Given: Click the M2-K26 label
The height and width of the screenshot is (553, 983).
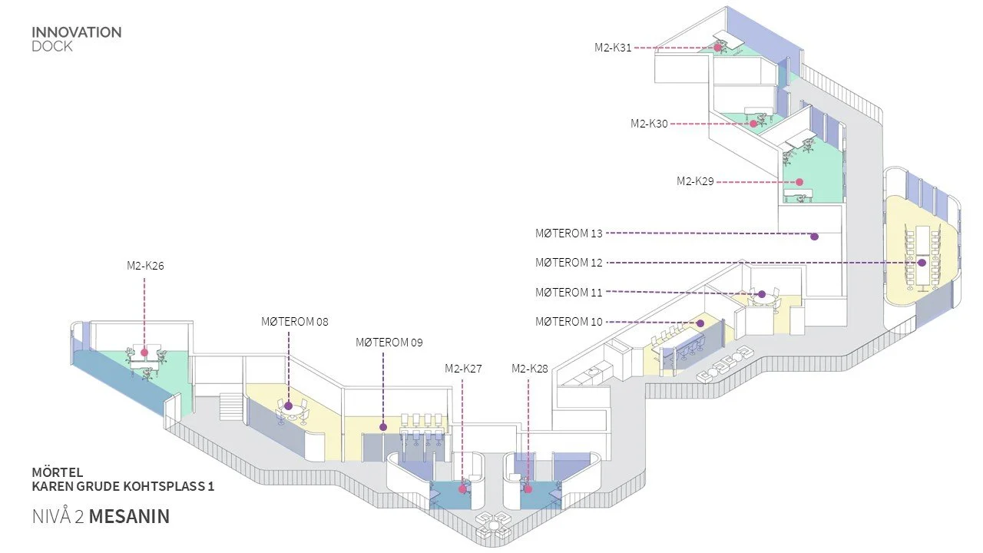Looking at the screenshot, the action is [x=145, y=266].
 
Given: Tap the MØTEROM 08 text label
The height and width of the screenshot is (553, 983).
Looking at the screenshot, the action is [x=294, y=322].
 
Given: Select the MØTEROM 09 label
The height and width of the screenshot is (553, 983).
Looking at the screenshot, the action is [x=389, y=343].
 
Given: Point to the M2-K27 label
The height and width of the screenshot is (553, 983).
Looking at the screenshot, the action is [x=463, y=369].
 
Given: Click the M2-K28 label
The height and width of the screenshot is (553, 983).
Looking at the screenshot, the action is [x=530, y=369].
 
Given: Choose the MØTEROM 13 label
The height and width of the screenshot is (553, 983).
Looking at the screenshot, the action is [x=568, y=233].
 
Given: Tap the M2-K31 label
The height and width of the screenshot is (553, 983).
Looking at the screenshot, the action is [x=613, y=48].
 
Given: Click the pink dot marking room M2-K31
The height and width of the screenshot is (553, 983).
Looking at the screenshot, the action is [x=718, y=48].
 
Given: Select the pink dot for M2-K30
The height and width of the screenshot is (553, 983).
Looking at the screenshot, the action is [x=753, y=123].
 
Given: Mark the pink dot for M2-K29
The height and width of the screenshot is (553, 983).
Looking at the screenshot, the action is [x=799, y=182].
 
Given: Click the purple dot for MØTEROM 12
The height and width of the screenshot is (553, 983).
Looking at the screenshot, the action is [x=922, y=263].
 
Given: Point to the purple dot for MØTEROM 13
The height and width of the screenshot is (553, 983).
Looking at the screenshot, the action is [x=814, y=237].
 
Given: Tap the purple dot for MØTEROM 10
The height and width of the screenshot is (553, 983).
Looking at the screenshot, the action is [x=700, y=323].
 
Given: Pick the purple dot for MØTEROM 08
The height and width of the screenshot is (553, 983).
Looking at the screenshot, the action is [x=289, y=406].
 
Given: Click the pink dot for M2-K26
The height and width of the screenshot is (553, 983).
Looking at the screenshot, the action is [x=144, y=353].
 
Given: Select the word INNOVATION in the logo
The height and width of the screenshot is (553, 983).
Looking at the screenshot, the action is [x=76, y=33].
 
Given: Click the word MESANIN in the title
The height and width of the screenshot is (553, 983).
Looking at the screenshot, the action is [x=129, y=517].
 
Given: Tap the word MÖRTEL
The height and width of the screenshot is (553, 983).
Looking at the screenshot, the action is [x=57, y=472].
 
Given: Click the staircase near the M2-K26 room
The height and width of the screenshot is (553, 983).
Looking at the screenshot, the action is [x=230, y=406].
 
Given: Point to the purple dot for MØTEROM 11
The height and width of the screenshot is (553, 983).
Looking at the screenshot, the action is [x=761, y=294].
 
